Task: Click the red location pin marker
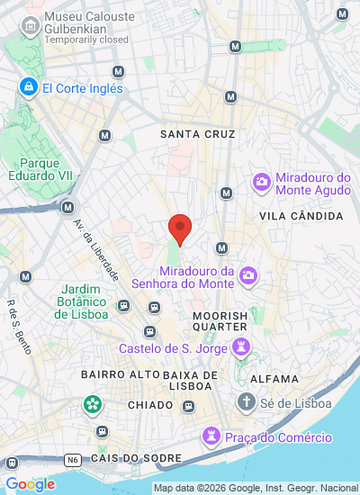[180, 228]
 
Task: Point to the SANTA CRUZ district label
[197, 134]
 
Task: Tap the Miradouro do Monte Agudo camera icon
[262, 182]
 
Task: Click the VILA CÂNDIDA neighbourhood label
[301, 217]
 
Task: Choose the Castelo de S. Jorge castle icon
[240, 346]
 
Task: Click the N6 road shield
[72, 459]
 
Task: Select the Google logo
[31, 484]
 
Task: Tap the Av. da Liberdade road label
[104, 255]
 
